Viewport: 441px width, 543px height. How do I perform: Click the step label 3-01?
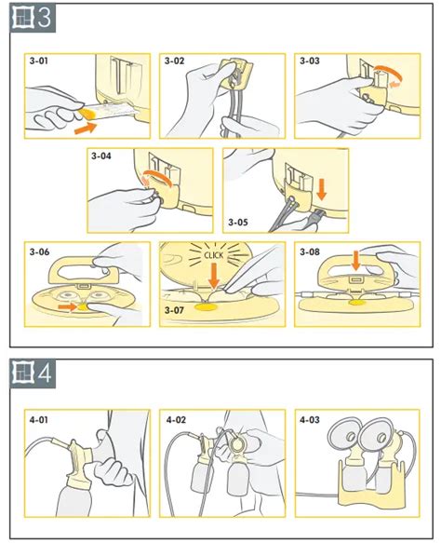point(39,61)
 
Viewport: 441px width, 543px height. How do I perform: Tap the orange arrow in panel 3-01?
point(86,128)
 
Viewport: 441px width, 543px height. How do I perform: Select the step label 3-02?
point(174,61)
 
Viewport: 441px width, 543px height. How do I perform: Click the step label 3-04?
point(101,156)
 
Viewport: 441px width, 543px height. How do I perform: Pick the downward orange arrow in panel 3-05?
point(322,190)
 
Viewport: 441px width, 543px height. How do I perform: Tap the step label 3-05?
point(238,222)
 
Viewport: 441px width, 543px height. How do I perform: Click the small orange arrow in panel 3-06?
point(67,306)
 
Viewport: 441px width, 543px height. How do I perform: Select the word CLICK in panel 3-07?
point(214,255)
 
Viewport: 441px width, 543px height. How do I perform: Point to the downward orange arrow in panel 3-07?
point(214,275)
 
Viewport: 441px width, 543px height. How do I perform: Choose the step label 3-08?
point(310,251)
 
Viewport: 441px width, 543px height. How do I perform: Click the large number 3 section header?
point(45,18)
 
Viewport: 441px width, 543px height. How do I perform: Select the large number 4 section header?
point(45,373)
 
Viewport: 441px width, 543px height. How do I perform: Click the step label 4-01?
point(39,420)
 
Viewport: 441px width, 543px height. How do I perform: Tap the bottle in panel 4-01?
point(74,497)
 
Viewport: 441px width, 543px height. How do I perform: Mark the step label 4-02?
point(176,420)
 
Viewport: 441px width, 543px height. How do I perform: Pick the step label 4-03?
point(310,420)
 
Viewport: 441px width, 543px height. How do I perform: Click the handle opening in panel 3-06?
point(83,272)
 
